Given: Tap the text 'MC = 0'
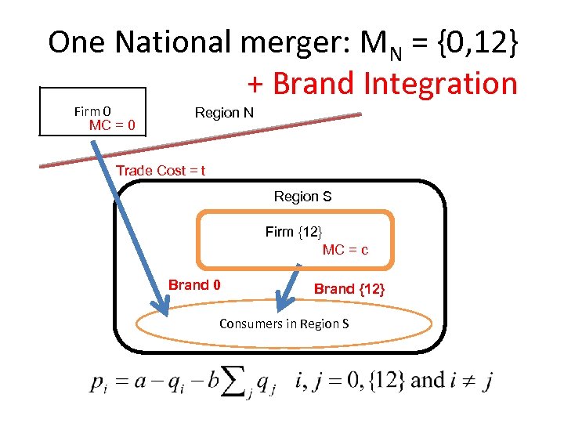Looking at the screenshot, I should pyautogui.click(x=112, y=125).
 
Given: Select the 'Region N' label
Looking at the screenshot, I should pyautogui.click(x=224, y=113).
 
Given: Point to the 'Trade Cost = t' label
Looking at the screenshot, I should pyautogui.click(x=161, y=171).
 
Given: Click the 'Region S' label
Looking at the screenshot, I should pyautogui.click(x=302, y=197).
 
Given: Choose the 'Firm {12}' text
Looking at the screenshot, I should pyautogui.click(x=294, y=232).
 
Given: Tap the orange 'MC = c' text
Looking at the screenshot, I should pyautogui.click(x=345, y=250).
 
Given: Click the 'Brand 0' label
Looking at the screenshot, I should pyautogui.click(x=194, y=285).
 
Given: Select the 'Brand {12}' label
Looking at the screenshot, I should pyautogui.click(x=349, y=289).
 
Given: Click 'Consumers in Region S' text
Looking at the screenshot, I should pyautogui.click(x=284, y=324).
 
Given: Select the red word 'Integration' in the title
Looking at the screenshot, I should pyautogui.click(x=439, y=83).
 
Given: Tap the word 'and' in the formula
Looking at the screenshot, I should pyautogui.click(x=428, y=381).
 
